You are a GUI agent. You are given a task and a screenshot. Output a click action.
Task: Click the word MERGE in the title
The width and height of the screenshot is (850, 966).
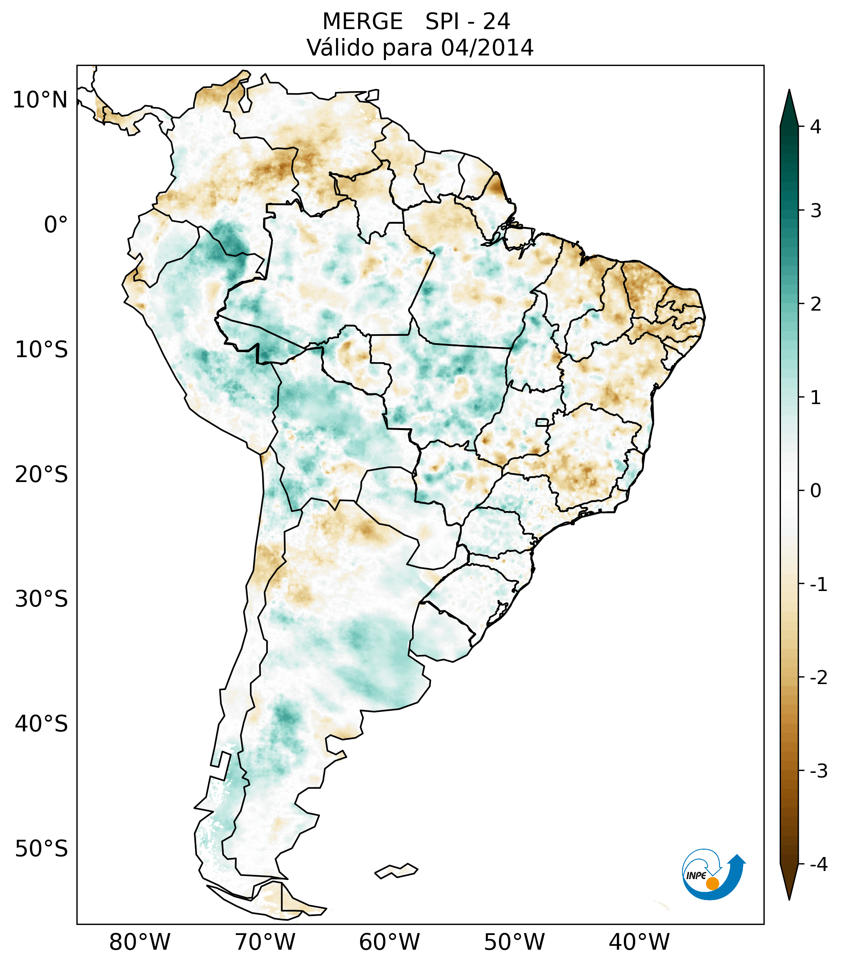click(x=363, y=22)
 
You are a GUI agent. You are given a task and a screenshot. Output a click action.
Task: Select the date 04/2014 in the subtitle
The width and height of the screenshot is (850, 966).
click(x=487, y=48)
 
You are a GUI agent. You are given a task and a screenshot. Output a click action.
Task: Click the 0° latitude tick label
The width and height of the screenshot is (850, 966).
click(x=56, y=225)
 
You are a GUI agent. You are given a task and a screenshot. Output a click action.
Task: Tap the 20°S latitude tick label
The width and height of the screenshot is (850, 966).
click(x=42, y=475)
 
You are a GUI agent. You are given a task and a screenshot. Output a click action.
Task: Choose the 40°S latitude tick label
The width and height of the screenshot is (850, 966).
click(x=42, y=724)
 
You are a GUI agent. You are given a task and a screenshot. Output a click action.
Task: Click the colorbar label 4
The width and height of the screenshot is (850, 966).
click(x=815, y=127)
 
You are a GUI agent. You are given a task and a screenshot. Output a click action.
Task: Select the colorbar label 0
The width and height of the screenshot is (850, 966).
click(x=815, y=491)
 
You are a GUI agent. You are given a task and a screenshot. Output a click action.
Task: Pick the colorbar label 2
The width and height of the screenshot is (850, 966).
click(x=815, y=304)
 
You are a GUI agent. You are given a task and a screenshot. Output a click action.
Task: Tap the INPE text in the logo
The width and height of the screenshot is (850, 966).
click(x=696, y=876)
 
